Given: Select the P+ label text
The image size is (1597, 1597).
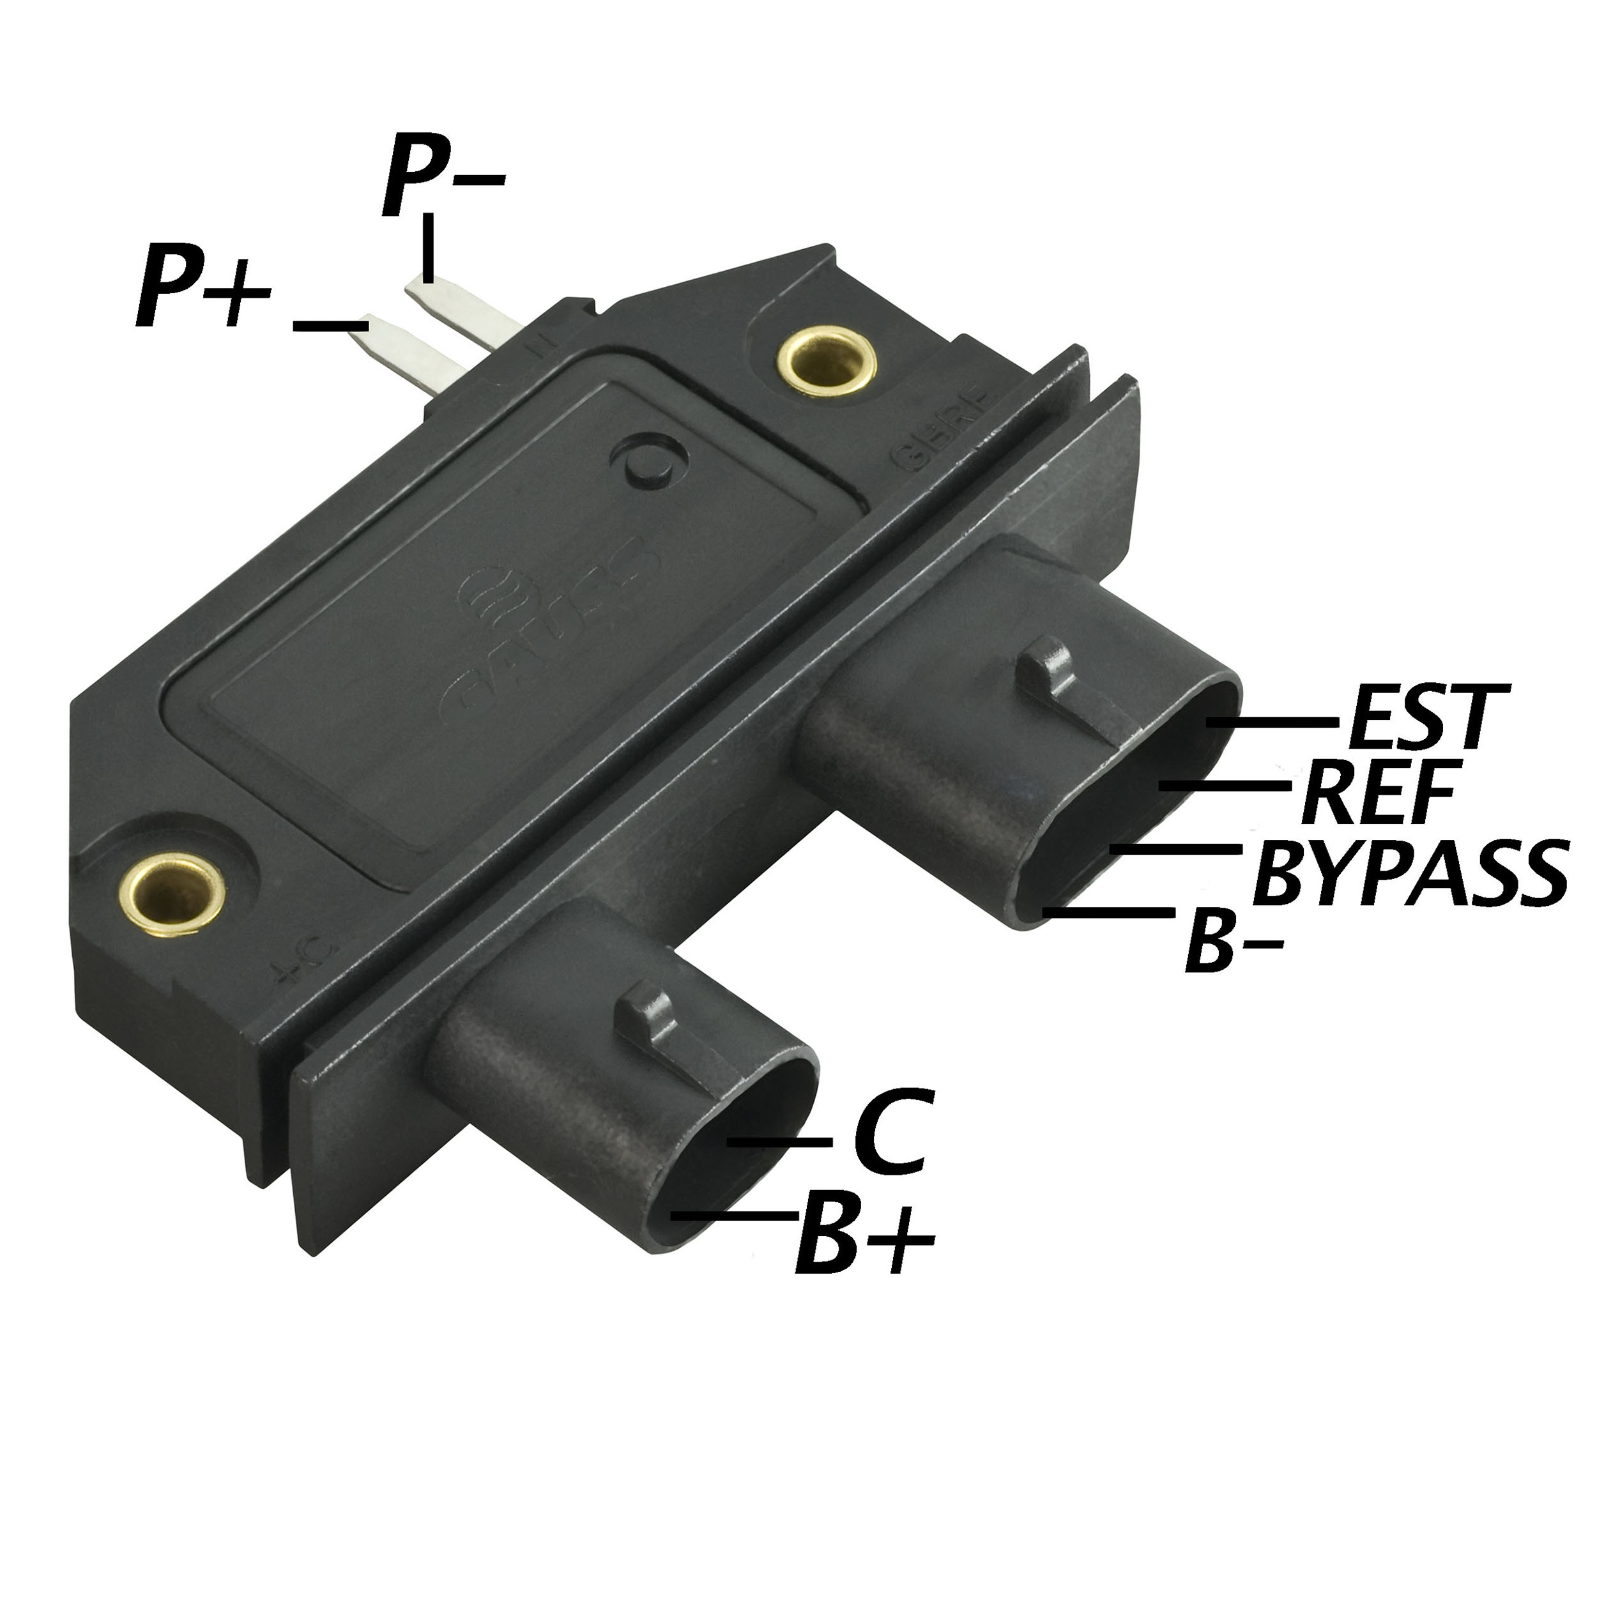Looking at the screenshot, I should (202, 287).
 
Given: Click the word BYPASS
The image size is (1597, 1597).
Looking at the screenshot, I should (1409, 872).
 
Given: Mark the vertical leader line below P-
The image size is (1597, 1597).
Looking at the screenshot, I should (427, 247).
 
